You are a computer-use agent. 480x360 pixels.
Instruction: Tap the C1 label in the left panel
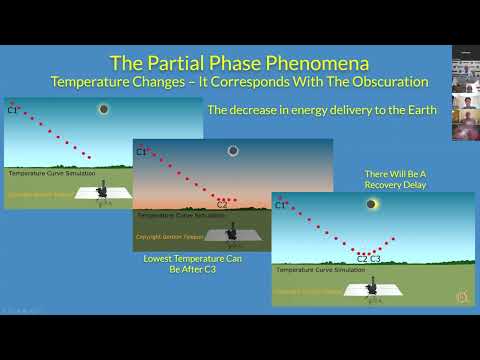coord(13,110)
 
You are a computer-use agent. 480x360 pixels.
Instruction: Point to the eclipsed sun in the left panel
coord(103,109)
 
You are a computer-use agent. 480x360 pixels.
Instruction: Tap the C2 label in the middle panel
coord(222,205)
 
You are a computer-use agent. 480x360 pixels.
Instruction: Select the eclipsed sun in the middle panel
coord(233,151)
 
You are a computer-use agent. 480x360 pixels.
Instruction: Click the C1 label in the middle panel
coord(141,152)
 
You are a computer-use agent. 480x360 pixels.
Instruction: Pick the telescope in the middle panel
coord(232,231)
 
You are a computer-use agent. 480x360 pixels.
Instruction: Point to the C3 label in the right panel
coord(375,259)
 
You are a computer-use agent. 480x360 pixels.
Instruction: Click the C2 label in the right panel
coord(362,259)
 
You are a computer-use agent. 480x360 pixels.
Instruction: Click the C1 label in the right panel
coord(281,205)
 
